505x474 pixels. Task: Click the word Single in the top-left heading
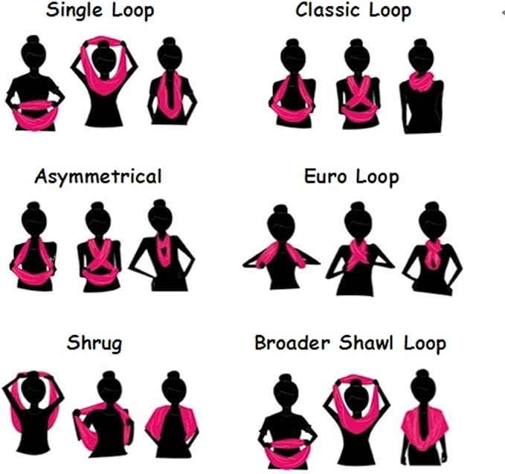(74, 10)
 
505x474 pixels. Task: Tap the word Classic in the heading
(327, 10)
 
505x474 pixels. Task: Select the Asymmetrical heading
(98, 177)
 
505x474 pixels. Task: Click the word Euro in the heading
(325, 177)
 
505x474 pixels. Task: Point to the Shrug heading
(94, 344)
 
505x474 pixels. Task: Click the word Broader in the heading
(292, 343)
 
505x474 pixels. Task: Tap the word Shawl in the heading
(366, 343)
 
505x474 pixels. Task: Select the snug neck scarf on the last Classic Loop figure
(422, 82)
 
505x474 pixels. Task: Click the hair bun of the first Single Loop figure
(33, 39)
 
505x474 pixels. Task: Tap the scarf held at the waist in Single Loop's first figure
(35, 114)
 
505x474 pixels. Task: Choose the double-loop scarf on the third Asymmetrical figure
(164, 250)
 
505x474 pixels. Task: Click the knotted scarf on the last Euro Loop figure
(433, 254)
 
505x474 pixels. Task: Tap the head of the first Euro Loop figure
(281, 224)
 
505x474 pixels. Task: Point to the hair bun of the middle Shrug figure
(109, 375)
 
